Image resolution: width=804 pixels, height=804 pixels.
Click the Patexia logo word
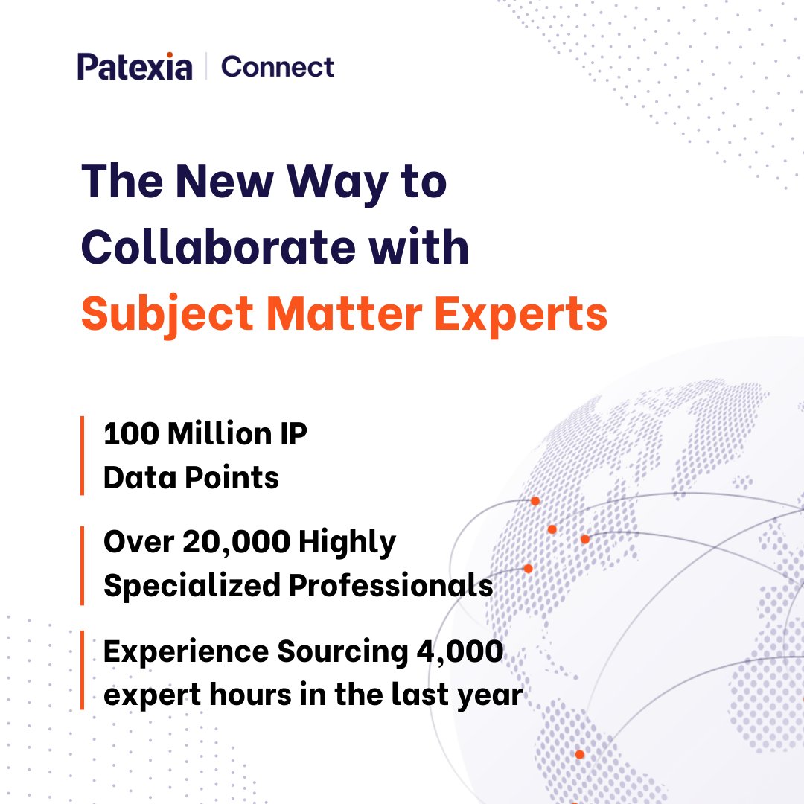point(135,67)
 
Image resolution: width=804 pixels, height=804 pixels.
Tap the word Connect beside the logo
point(278,67)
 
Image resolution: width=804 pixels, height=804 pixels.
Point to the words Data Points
point(191,477)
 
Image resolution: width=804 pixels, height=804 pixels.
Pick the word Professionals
point(391,587)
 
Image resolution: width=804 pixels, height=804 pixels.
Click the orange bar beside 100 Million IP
point(83,456)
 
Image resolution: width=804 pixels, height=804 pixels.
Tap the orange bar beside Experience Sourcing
point(83,670)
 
